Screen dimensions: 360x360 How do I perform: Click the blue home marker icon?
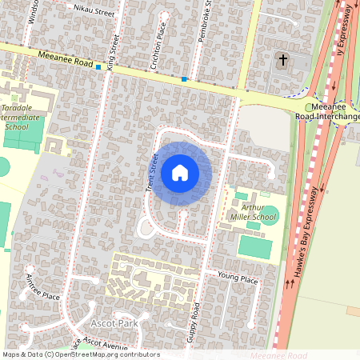point(180,173)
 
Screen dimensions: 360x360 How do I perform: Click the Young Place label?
point(238,279)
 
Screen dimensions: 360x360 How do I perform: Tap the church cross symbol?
point(282,59)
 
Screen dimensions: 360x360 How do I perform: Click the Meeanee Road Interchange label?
point(335,111)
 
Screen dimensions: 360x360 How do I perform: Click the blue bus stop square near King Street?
point(98,68)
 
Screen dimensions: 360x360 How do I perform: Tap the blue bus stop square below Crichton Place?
point(184,78)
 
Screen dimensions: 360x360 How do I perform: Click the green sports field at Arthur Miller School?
point(254,247)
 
